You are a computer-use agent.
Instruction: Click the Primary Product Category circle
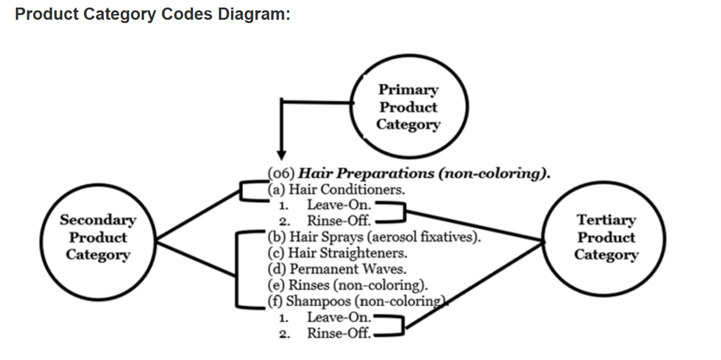[408, 107]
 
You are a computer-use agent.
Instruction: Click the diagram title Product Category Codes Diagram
[153, 14]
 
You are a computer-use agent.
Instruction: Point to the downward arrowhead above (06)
[281, 154]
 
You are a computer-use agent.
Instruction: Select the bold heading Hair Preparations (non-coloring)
[425, 173]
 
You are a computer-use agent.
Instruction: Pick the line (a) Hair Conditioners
[336, 189]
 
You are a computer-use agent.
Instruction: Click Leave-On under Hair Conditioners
[340, 204]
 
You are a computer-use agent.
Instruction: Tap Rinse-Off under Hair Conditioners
[339, 220]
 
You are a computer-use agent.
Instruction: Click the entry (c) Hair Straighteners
[337, 253]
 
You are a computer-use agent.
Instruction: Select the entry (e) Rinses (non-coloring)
[347, 285]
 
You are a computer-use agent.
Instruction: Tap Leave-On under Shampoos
[340, 317]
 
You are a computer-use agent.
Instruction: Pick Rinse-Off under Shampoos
[339, 333]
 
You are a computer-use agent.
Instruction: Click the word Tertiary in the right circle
[606, 220]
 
